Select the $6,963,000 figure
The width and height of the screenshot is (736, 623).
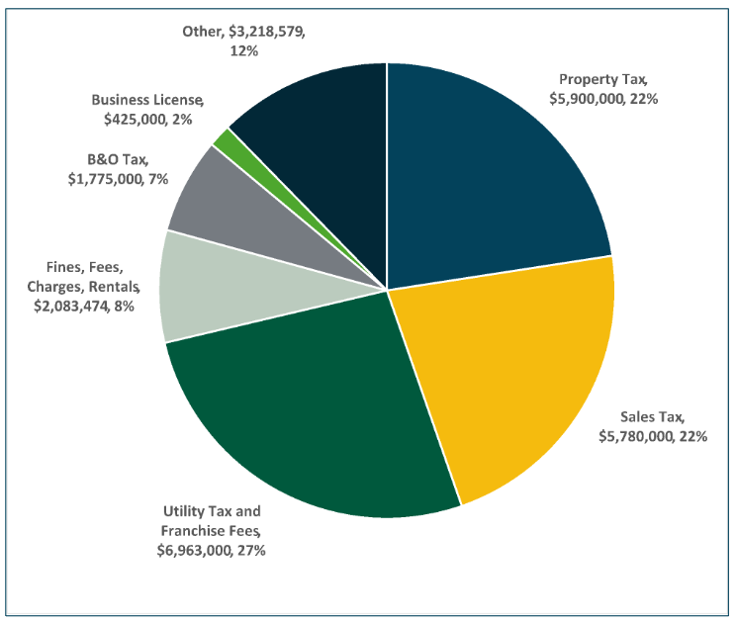pos(194,549)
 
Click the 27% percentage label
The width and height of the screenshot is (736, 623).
pos(250,549)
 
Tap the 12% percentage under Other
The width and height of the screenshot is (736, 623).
pos(243,49)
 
